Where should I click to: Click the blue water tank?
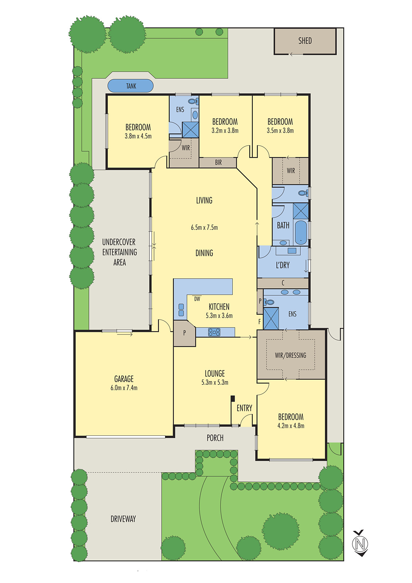click(130, 86)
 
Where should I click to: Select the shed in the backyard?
click(305, 41)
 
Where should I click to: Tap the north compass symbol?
click(360, 544)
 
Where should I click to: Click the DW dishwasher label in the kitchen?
click(197, 299)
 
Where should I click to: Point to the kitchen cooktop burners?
click(214, 332)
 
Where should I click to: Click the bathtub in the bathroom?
click(301, 232)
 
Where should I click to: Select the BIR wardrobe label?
click(218, 163)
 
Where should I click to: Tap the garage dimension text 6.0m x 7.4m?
click(124, 388)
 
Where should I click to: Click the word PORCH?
click(215, 438)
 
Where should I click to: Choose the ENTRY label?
click(244, 408)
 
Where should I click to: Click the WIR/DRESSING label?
click(290, 355)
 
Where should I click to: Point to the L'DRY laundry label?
click(283, 265)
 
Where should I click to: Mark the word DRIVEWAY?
click(123, 519)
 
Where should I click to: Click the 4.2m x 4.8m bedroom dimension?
click(291, 426)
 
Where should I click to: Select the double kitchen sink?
click(181, 310)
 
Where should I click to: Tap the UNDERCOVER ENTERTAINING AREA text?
click(119, 252)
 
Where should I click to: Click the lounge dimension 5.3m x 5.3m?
click(215, 383)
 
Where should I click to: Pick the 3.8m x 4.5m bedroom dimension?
click(138, 136)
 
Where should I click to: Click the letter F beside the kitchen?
click(259, 322)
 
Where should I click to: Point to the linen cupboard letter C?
click(283, 283)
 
